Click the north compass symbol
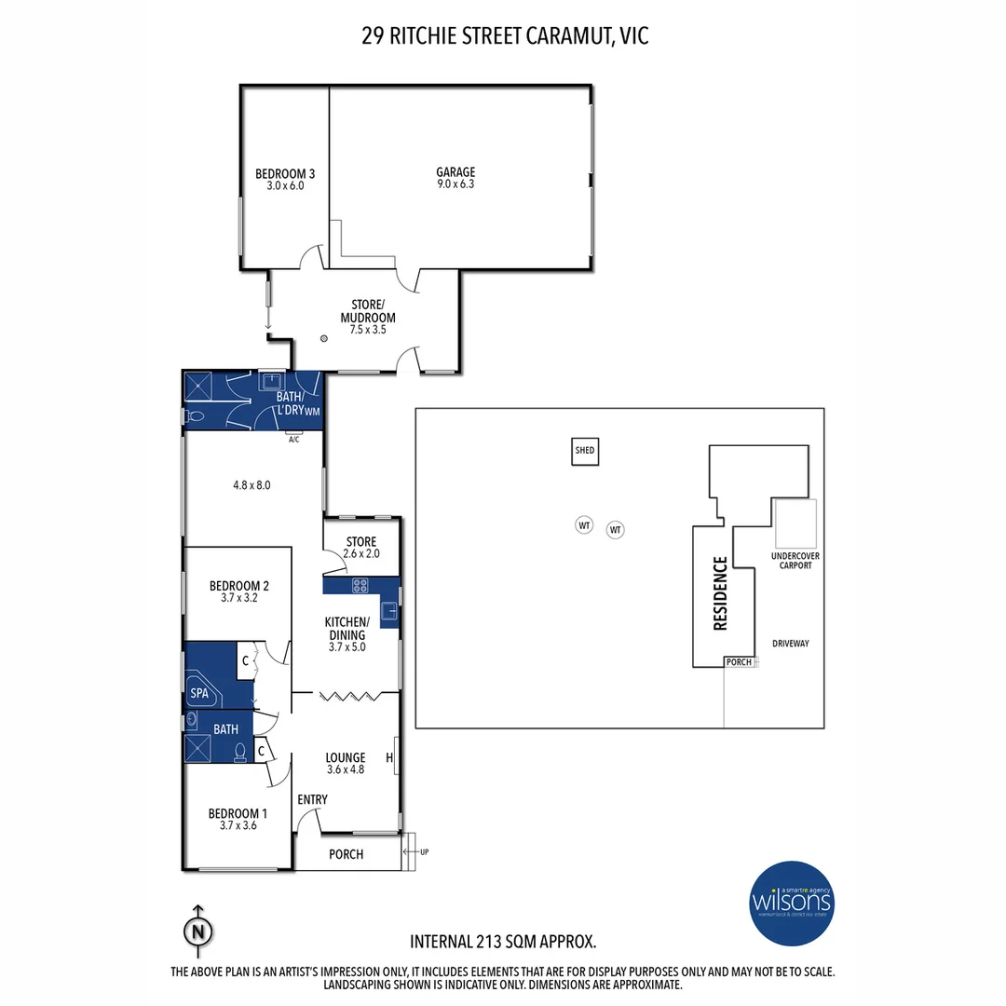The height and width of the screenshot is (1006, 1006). (197, 930)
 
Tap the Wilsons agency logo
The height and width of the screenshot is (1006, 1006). (793, 902)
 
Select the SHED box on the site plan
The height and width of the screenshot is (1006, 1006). (584, 451)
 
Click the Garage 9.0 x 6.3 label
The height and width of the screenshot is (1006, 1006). (455, 178)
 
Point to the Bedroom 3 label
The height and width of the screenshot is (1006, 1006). (285, 179)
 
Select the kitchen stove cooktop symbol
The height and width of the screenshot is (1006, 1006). (360, 585)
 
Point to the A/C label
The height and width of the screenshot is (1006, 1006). (294, 439)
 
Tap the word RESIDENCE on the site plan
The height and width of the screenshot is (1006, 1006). (720, 593)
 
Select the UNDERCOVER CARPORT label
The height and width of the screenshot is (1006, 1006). (792, 561)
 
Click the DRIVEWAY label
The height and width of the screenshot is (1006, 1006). (791, 643)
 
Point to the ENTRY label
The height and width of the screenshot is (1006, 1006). (312, 799)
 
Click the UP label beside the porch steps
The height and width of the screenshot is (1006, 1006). (426, 852)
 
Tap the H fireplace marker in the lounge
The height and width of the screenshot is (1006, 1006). (388, 758)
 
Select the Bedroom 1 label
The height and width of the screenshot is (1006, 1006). (238, 819)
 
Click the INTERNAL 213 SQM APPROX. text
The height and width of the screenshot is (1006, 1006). (503, 941)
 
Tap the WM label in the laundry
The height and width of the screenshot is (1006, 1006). (312, 410)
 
